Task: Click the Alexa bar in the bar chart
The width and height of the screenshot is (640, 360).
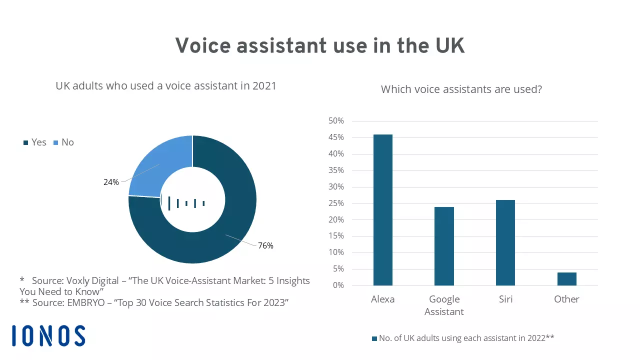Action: pyautogui.click(x=382, y=210)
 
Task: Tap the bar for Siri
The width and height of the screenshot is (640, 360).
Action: pyautogui.click(x=505, y=242)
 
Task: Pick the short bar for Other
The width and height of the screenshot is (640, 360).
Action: pyautogui.click(x=566, y=279)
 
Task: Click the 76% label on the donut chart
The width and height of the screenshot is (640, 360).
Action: pyautogui.click(x=265, y=245)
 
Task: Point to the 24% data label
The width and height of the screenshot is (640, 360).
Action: pyautogui.click(x=111, y=182)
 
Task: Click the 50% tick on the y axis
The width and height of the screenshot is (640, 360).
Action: pyautogui.click(x=335, y=121)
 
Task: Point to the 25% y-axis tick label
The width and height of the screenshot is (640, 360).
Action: pyautogui.click(x=335, y=203)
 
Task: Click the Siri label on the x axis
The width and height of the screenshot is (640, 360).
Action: pyautogui.click(x=505, y=299)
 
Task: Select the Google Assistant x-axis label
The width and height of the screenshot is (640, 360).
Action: pyautogui.click(x=444, y=305)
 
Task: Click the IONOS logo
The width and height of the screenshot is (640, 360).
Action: pyautogui.click(x=48, y=335)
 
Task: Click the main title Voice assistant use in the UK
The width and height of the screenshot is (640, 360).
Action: pyautogui.click(x=320, y=46)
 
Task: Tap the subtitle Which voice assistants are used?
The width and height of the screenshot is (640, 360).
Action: pyautogui.click(x=461, y=89)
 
